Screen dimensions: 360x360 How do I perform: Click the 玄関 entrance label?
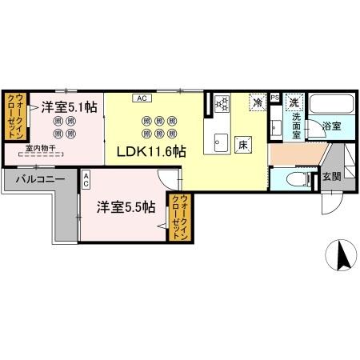pos(331,177)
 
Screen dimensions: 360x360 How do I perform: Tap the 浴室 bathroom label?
pos(330,126)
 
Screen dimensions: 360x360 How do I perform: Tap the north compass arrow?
pos(341,255)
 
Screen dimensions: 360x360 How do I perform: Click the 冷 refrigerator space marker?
pos(258,102)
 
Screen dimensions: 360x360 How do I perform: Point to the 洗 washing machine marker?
pos(294,102)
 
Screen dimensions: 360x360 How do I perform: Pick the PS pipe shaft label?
pos(275,98)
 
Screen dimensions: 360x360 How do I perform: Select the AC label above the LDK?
pos(140,98)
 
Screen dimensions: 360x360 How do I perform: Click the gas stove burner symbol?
pos(221,103)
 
